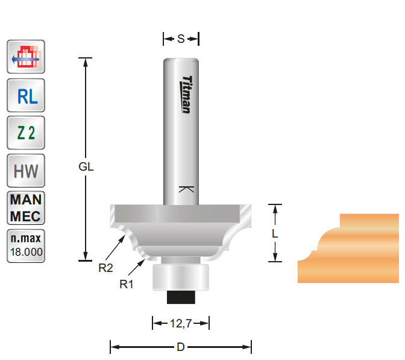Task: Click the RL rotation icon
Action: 25,95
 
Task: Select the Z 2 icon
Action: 25,133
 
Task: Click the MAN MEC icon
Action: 25,207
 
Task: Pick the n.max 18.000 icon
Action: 25,245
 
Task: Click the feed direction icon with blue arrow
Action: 25,58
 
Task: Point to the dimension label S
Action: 181,39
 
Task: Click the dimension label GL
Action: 86,168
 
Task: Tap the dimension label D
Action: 181,347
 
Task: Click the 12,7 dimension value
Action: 180,324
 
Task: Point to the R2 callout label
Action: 105,268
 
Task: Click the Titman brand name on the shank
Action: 186,93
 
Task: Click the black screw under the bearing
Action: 180,295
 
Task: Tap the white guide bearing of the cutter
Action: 180,277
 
